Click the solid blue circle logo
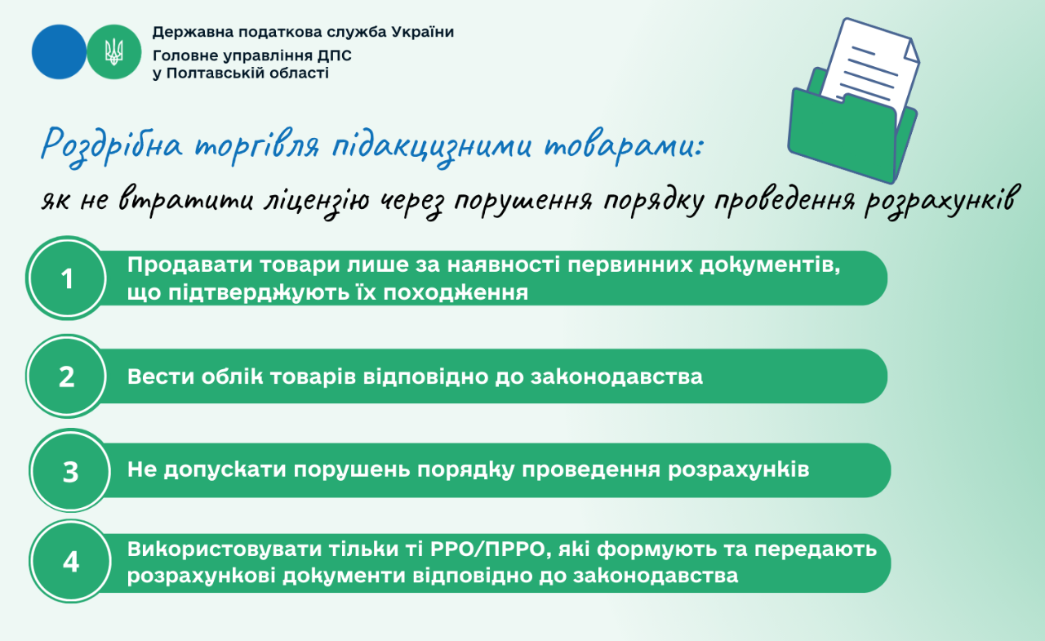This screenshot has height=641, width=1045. coord(59,52)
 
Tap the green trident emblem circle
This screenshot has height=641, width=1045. coord(114,52)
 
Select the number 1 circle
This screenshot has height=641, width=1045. coord(68,278)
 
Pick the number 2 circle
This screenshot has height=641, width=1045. coord(68,376)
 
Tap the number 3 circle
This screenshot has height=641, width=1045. coord(70,471)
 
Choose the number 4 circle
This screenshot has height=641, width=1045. coord(71,563)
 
